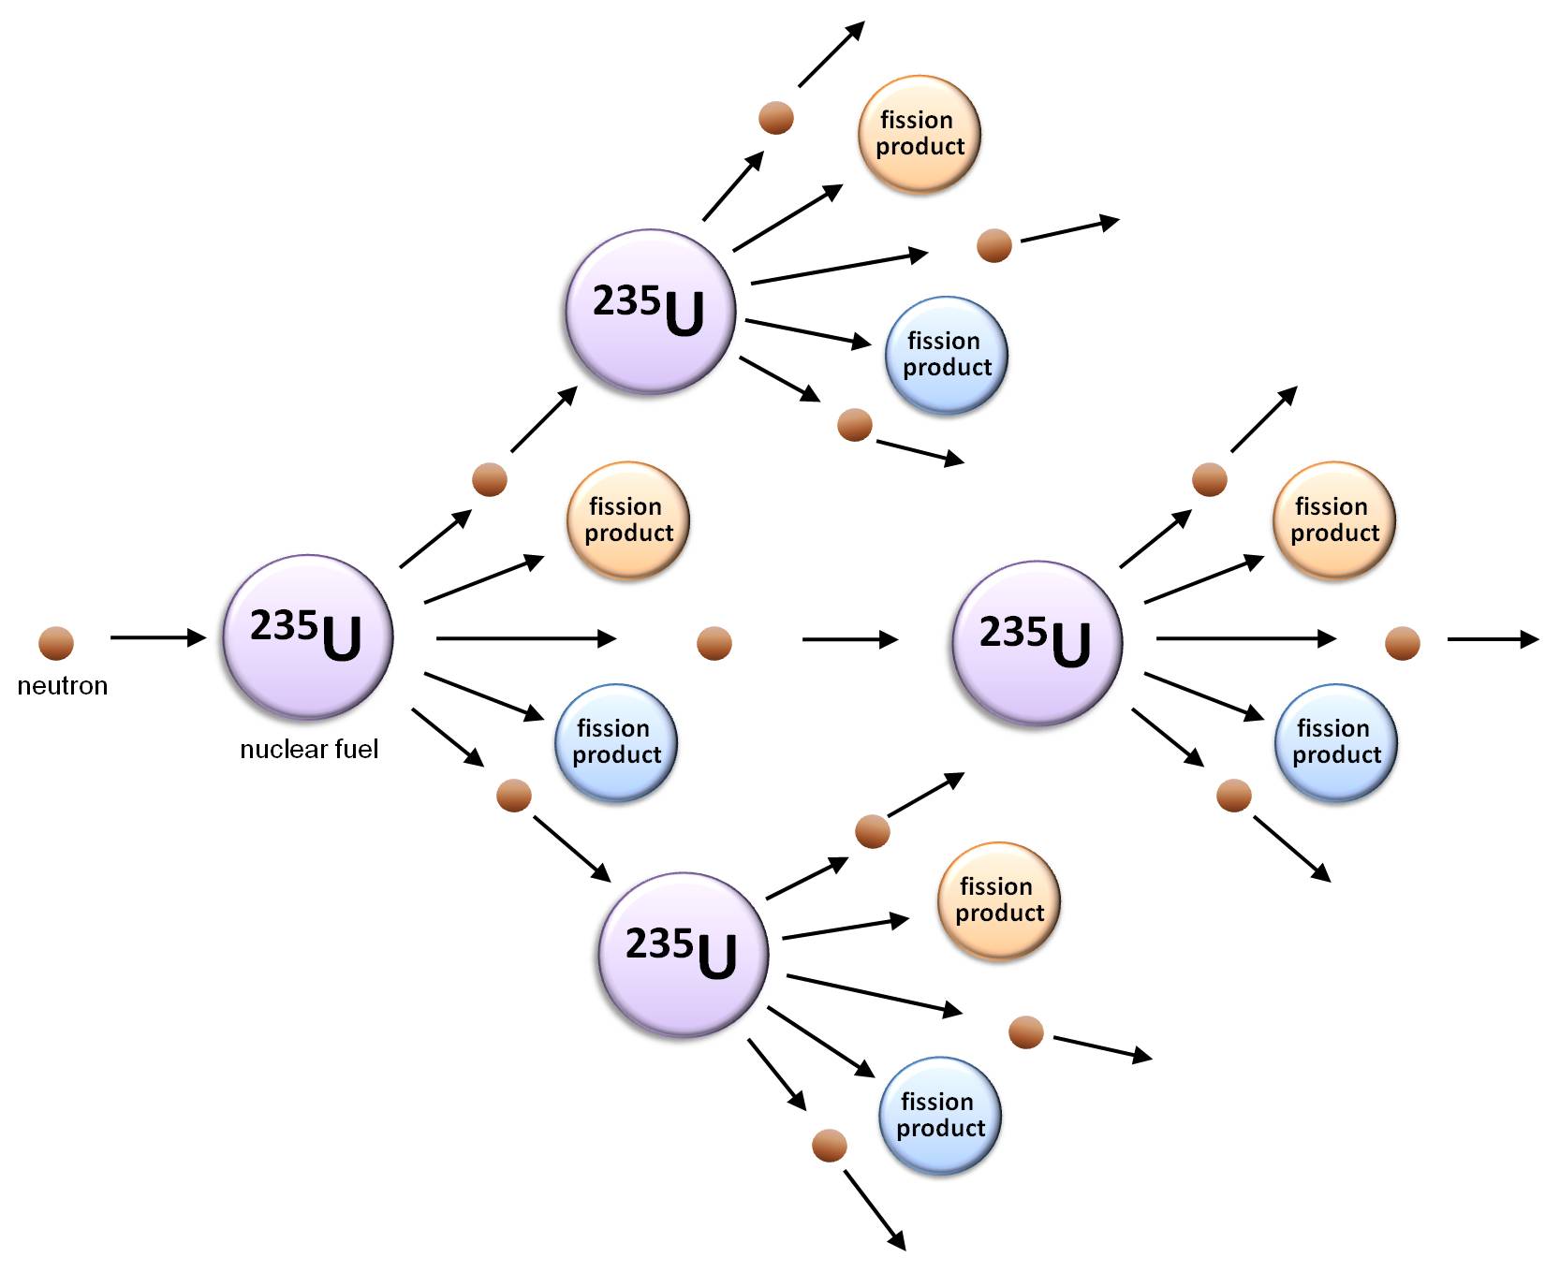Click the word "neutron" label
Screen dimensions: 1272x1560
tap(63, 686)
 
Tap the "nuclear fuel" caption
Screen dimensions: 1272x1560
tap(309, 749)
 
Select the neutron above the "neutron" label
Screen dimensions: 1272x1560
tap(56, 643)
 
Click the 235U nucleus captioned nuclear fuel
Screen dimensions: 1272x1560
tap(308, 637)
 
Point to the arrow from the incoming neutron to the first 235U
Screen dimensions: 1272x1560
tap(157, 637)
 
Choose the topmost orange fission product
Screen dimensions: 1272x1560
tap(920, 134)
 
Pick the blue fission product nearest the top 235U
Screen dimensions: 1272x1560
tap(946, 355)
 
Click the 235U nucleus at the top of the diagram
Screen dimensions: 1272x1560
tap(651, 312)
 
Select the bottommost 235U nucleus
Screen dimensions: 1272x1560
tap(684, 955)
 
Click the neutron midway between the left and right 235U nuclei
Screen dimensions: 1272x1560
tap(714, 643)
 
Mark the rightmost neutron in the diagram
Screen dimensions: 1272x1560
tap(1402, 643)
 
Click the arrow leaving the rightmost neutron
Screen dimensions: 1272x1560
tap(1492, 639)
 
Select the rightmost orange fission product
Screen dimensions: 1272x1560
tap(1333, 520)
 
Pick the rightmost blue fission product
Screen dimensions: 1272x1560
tap(1335, 742)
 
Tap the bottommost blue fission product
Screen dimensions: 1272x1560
tap(939, 1116)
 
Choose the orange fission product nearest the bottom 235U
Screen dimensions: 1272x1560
tap(998, 900)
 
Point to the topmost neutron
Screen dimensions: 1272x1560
tap(776, 118)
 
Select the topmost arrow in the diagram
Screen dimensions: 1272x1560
tap(831, 54)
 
